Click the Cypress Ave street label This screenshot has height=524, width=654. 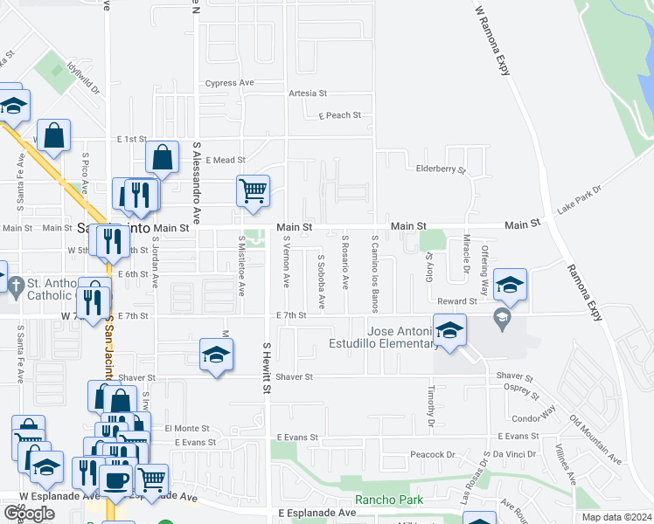(x=229, y=83)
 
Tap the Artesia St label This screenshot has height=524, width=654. (x=308, y=93)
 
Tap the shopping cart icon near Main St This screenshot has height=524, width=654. (x=253, y=190)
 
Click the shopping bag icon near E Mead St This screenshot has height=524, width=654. (x=163, y=157)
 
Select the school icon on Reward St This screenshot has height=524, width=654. (x=511, y=284)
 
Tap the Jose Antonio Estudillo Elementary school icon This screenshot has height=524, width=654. (x=449, y=330)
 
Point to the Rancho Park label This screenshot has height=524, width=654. (x=388, y=500)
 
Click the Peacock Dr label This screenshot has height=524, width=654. (x=434, y=455)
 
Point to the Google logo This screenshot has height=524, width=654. (x=29, y=513)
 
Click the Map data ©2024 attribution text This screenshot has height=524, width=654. (x=616, y=517)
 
